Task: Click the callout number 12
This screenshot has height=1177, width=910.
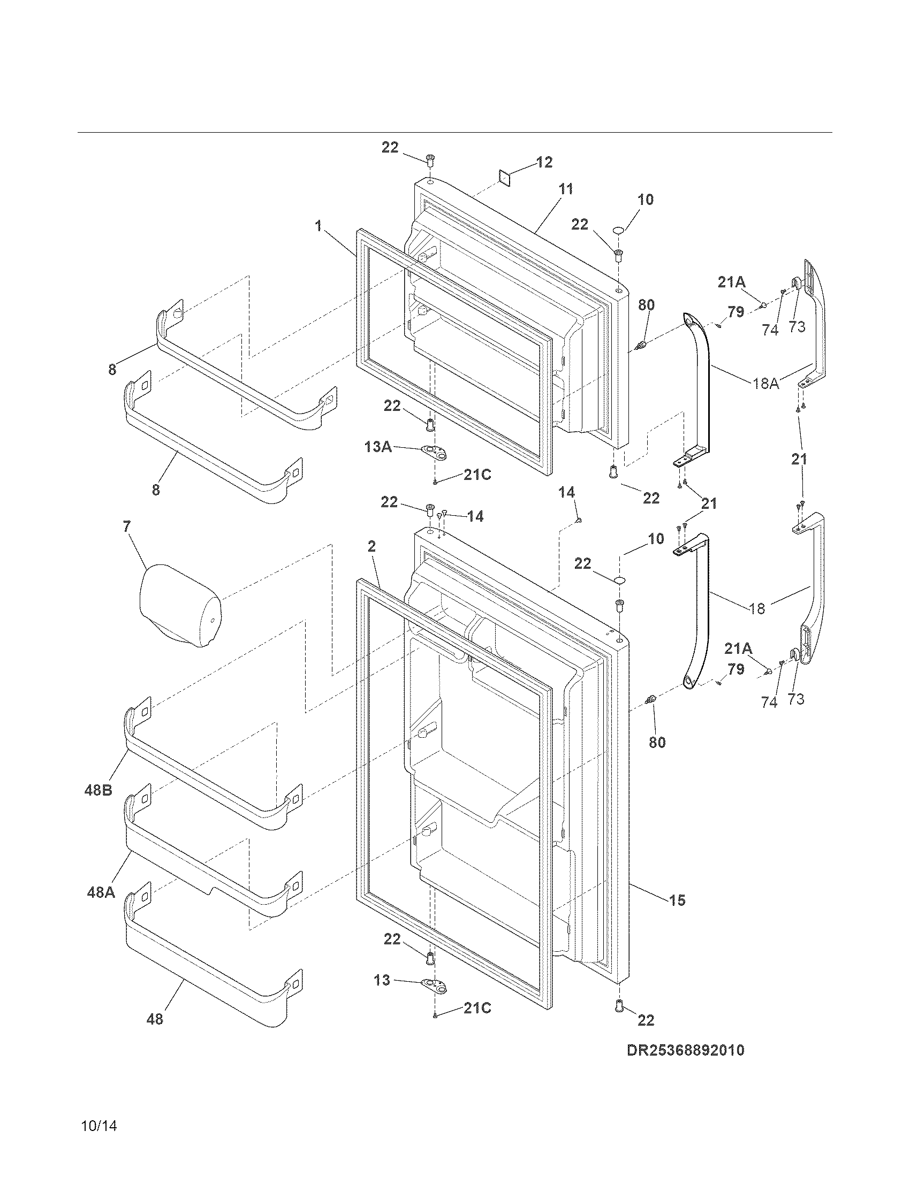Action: coord(544,162)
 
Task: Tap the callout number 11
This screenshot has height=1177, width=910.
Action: coord(565,189)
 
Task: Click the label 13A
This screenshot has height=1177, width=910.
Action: coord(378,446)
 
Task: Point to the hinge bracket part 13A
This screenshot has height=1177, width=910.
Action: coord(436,453)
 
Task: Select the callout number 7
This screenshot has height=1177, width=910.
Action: coord(127,526)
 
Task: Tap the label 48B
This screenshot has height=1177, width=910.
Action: coord(98,790)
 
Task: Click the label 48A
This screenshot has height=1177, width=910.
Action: coord(101,892)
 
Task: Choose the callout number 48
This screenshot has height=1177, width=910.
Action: coord(155,1019)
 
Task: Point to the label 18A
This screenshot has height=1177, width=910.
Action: coord(766,384)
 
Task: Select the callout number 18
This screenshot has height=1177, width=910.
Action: coord(757,609)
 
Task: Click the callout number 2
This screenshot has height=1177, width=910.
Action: coord(371,546)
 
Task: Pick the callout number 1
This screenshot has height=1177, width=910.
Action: coord(319,226)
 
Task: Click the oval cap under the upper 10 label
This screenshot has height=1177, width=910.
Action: coord(619,231)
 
